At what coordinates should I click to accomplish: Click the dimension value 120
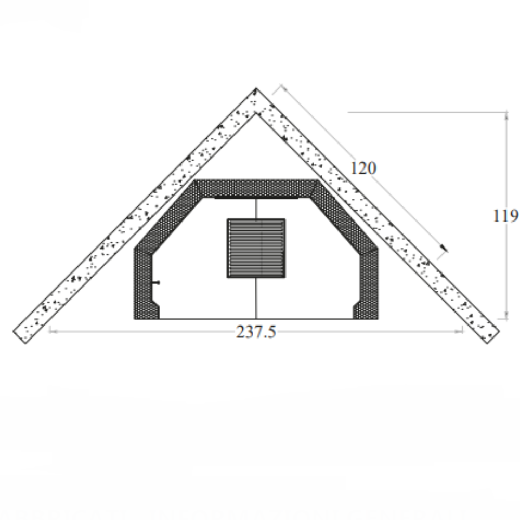tap(363, 168)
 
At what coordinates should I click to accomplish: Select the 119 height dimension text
tap(505, 215)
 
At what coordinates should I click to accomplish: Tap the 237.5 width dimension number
tap(256, 332)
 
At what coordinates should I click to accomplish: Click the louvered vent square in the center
tap(256, 248)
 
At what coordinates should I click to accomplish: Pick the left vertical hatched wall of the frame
tap(144, 283)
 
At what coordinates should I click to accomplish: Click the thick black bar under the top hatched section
tap(256, 198)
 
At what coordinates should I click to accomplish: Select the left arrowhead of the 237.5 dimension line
tap(51, 330)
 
